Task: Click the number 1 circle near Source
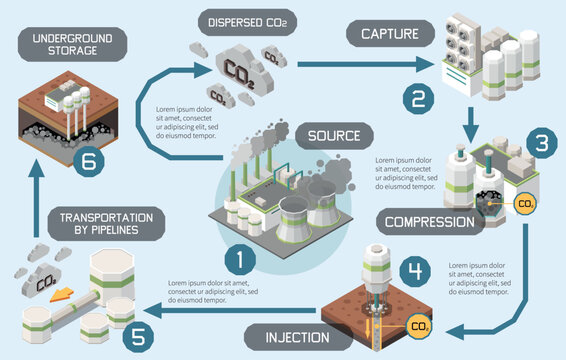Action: [x=240, y=260]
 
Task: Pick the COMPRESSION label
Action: [x=427, y=220]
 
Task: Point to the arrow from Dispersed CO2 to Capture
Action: [x=360, y=65]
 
